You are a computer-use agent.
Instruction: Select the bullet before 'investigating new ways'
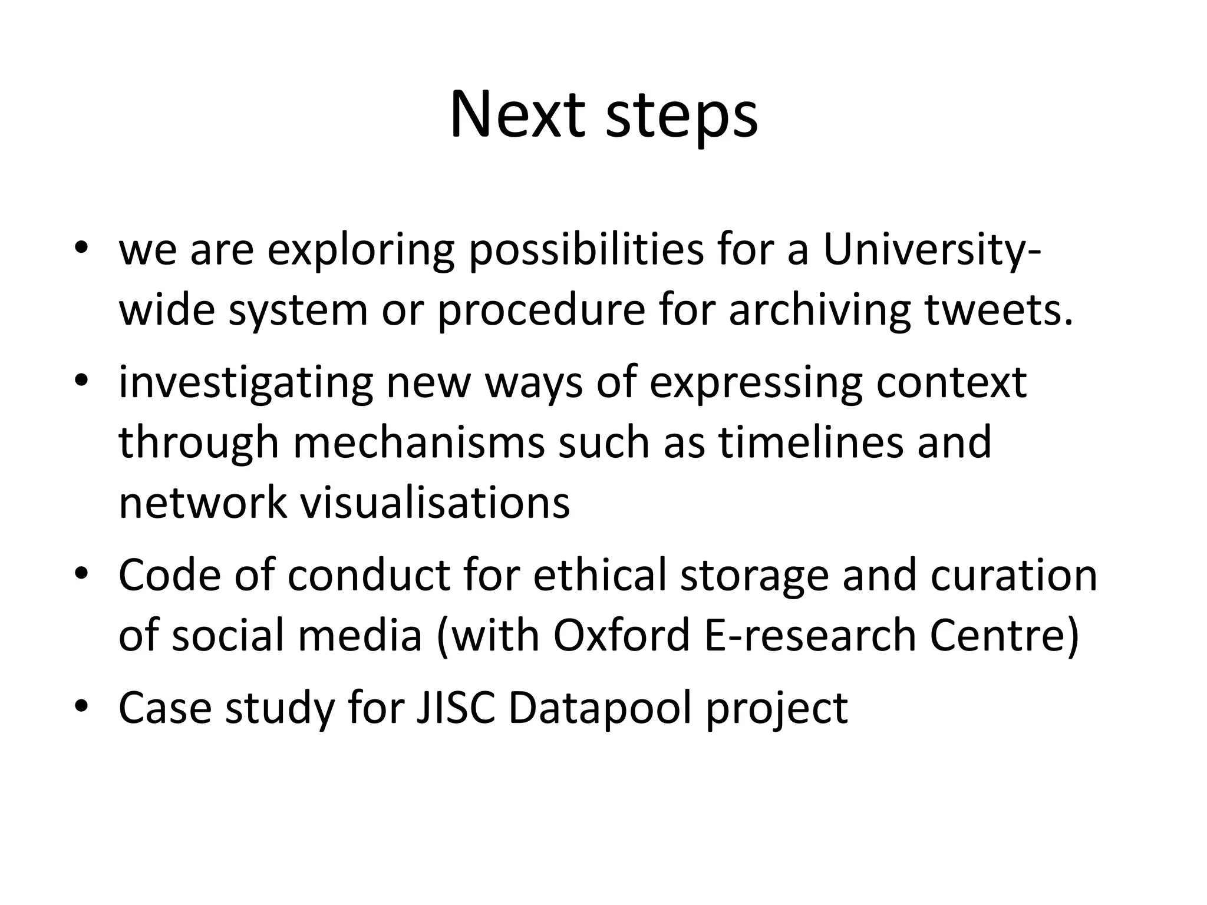click(x=81, y=380)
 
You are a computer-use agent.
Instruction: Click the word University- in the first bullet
click(x=932, y=250)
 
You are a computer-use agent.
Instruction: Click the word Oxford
click(x=621, y=635)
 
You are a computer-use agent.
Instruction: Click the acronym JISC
click(x=456, y=707)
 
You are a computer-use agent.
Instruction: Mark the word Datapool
click(x=599, y=708)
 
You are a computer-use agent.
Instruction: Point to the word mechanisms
click(x=418, y=443)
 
